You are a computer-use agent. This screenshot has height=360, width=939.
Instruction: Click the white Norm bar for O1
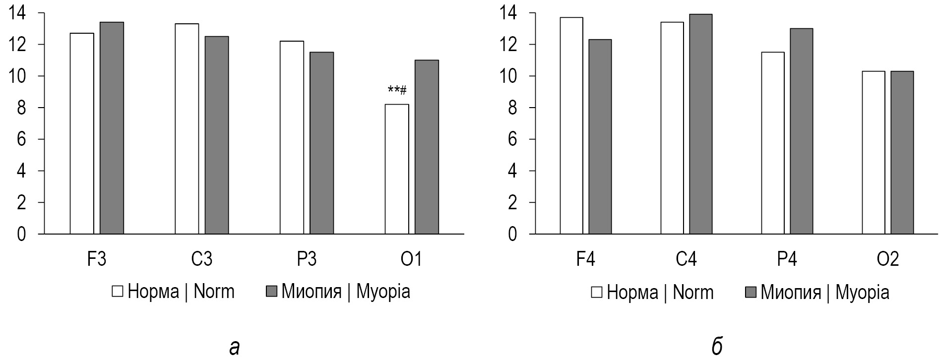click(x=397, y=169)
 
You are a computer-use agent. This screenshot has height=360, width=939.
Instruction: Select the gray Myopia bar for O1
click(x=427, y=147)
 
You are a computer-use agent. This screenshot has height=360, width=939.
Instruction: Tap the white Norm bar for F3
click(x=82, y=133)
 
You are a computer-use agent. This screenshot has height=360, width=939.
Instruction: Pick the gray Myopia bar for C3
click(x=217, y=135)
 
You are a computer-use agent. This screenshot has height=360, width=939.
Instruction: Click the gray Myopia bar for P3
click(x=321, y=143)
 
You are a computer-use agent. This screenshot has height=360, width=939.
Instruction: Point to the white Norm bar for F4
click(x=571, y=125)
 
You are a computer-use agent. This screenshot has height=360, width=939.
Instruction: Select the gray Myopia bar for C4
click(x=700, y=124)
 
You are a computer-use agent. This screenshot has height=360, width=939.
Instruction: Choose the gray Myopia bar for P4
click(x=802, y=131)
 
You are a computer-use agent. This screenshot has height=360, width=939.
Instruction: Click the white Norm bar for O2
click(x=874, y=152)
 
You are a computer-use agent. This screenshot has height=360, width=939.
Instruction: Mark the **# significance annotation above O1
click(x=397, y=90)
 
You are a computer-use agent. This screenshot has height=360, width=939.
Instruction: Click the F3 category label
click(x=97, y=259)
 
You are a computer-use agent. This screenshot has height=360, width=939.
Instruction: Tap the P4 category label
click(x=787, y=259)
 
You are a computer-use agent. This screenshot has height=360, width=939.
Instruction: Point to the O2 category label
click(x=888, y=259)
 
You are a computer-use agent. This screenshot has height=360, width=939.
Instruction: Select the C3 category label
click(x=202, y=259)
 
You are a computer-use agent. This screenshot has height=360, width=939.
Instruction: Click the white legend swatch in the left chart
click(x=118, y=292)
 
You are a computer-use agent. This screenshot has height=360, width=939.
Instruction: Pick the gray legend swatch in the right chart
click(x=751, y=293)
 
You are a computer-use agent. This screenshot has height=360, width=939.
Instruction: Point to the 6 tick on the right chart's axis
click(x=512, y=139)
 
